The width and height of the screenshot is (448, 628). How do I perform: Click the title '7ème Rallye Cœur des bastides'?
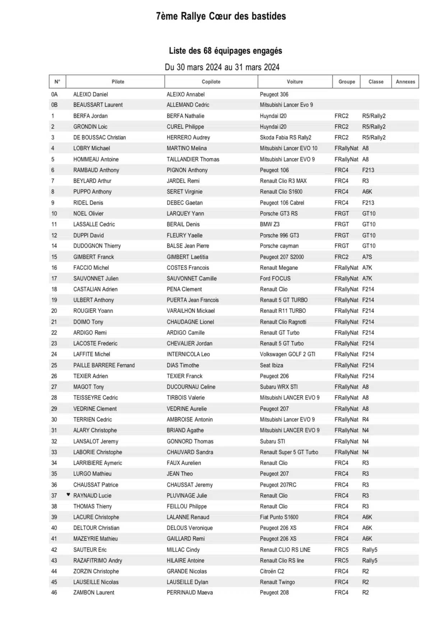coord(221,16)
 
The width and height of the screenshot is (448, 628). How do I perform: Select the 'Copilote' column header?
coord(211,82)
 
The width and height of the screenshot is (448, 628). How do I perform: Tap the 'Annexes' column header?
coord(405,82)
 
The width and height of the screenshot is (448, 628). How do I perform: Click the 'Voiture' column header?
coord(295,82)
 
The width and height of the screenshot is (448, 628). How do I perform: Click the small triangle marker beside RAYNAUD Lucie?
coord(68,495)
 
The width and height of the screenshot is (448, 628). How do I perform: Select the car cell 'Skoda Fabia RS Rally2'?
coord(285,137)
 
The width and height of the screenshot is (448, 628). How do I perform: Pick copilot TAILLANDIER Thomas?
coord(193,159)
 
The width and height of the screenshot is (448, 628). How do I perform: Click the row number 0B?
coord(54,105)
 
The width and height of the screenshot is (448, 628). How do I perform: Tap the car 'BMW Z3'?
coord(269,224)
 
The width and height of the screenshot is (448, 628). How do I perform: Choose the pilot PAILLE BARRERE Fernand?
coord(104,365)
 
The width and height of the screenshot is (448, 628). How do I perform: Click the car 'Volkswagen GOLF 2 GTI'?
coord(287,354)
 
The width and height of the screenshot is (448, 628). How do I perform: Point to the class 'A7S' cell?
coord(367,257)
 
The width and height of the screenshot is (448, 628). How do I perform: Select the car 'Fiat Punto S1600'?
coord(279,517)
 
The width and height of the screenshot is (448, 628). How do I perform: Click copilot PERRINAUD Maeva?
coord(189,592)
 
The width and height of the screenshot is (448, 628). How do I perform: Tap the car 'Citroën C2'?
coord(272,571)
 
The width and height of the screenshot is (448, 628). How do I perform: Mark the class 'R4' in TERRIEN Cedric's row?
coord(365,420)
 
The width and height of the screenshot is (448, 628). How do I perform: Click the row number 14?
coord(54,246)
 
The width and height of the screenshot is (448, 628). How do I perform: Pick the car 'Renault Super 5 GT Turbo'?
coord(289,452)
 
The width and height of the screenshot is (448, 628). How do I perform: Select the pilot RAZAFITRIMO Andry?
coord(98,561)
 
